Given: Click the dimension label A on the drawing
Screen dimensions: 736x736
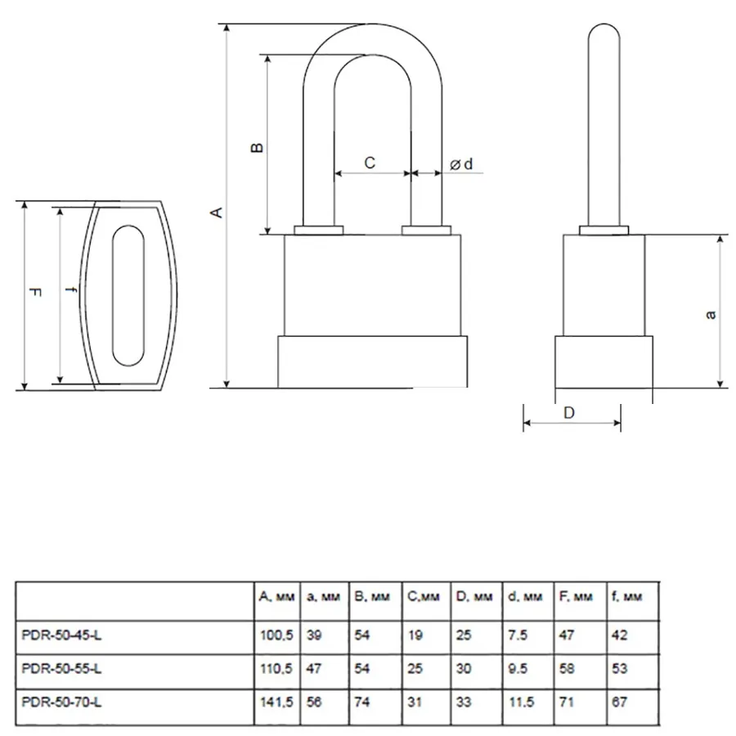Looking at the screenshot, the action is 218,212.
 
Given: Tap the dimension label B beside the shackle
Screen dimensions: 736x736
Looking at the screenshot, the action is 258,147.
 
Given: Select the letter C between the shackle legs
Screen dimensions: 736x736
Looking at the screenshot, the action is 370,163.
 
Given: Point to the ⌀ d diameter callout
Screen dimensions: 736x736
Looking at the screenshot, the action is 461,164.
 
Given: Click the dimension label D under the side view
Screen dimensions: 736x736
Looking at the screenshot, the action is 568,413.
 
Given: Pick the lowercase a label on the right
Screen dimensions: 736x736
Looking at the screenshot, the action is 711,314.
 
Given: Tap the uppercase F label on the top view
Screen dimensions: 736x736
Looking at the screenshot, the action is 36,293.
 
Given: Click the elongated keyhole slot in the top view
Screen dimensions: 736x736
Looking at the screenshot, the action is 128,296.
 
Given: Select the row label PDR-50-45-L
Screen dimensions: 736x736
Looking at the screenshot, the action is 61,635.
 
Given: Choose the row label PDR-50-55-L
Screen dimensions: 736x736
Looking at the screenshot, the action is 61,668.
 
